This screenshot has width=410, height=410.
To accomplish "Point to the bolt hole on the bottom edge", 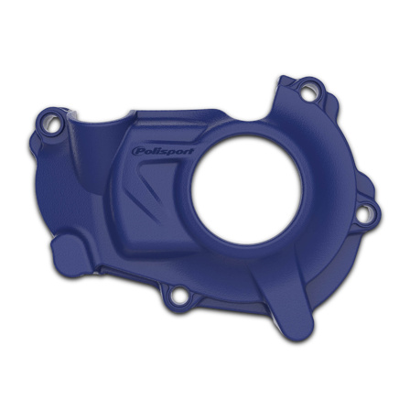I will (179, 295).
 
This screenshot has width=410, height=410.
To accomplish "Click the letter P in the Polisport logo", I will (137, 150).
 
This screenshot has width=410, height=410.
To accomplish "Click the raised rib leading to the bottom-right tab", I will (275, 275).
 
